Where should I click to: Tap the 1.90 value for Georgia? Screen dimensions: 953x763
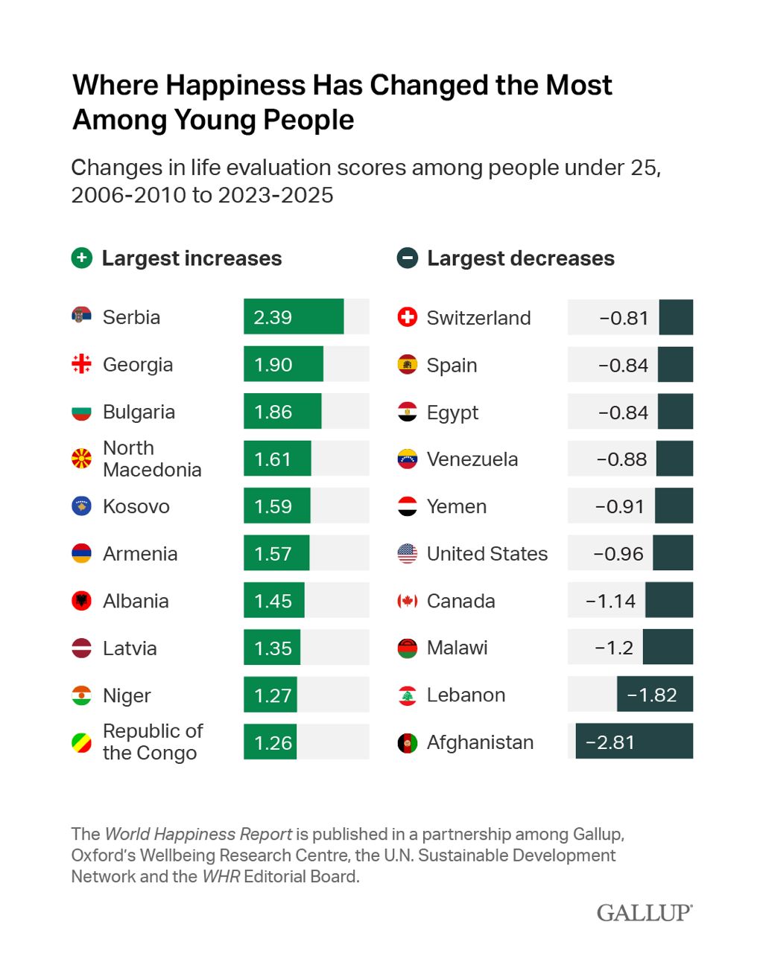coord(273,365)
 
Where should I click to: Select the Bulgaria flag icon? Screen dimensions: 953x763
coord(81,412)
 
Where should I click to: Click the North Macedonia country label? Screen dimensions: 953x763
coord(152,459)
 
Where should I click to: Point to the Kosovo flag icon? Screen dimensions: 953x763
coord(81,506)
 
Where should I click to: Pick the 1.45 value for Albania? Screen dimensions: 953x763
coord(273,601)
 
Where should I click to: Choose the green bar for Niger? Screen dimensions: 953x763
coord(270,695)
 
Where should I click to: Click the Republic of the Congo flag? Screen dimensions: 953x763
coord(81,742)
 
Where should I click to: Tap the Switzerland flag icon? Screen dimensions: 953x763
coord(408,317)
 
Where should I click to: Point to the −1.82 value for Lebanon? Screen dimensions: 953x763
coord(652,695)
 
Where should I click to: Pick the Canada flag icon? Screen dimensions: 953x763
coord(408,601)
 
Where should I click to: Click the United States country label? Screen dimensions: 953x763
coord(487,554)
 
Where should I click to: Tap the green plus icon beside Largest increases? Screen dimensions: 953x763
coord(81,258)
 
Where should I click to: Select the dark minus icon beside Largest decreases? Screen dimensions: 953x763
coord(407,258)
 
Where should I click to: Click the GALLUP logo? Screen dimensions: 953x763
coord(644,913)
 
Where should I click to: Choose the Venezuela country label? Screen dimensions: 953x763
coord(472,459)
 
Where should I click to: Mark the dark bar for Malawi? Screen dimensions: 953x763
coord(668,647)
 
